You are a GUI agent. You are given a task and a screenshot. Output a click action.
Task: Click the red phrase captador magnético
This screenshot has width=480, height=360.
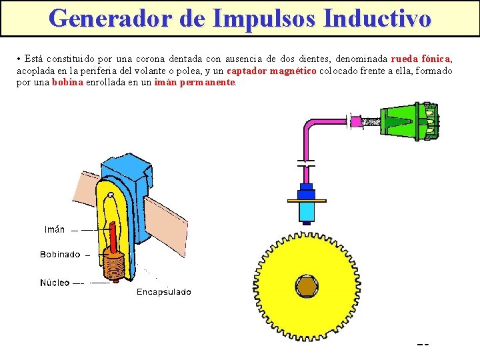coord(271,71)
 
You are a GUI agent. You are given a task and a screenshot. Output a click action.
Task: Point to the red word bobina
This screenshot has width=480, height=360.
coord(67,83)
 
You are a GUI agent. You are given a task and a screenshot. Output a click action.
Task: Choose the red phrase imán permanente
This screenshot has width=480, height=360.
coord(195,83)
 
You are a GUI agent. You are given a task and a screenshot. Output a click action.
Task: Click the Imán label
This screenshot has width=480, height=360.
coord(55,229)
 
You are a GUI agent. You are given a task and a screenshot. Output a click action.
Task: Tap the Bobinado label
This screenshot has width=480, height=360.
coord(60,254)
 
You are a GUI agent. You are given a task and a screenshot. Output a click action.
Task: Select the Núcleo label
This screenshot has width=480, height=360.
coord(54,283)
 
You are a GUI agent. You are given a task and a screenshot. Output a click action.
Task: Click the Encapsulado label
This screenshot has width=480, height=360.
coord(163,292)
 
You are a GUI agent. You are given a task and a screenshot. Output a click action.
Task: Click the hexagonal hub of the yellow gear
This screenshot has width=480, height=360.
coord(307,285)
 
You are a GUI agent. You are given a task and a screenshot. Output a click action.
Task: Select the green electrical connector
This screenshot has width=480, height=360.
coord(409,121)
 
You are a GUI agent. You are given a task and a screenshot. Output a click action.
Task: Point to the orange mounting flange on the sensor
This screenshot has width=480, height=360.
coord(307,200)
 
